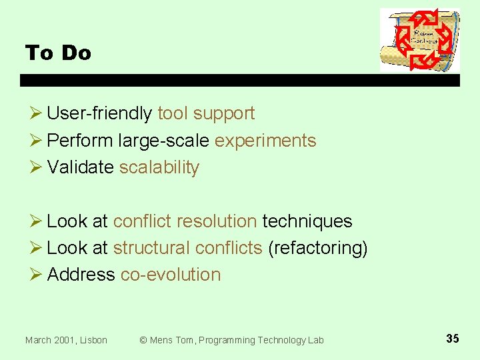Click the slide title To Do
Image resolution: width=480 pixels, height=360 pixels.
pos(58,53)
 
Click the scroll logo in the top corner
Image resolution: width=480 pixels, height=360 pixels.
pos(419,40)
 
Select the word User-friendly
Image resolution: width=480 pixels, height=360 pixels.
pos(99,114)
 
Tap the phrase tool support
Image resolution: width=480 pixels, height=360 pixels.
pos(206,114)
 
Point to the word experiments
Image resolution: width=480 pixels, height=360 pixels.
pos(265,141)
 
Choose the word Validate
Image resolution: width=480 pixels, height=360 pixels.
pos(80,167)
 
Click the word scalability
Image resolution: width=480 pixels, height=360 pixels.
pos(159,167)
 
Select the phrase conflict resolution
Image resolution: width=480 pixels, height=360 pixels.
pos(185,221)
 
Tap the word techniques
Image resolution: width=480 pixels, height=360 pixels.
pos(307,221)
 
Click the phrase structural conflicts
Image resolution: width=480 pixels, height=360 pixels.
pos(187,248)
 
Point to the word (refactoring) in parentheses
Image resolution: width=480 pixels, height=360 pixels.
pos(317,248)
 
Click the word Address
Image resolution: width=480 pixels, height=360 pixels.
pos(81,275)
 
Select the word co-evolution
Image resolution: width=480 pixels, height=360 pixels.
pos(170,275)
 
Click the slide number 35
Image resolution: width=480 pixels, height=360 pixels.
pos(452,339)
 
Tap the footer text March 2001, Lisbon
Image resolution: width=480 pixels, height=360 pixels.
pos(66,340)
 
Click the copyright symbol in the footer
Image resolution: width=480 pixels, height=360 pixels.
pos(143,340)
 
